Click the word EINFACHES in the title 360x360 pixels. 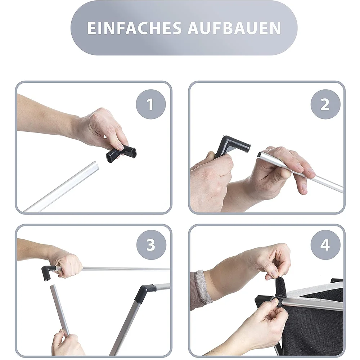click(x=134, y=28)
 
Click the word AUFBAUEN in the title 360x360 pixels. click(x=234, y=28)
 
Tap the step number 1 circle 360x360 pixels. click(x=150, y=104)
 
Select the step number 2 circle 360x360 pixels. click(x=325, y=104)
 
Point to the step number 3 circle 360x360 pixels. click(x=151, y=245)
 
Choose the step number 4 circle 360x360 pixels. click(x=325, y=245)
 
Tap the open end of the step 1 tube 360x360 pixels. click(x=97, y=165)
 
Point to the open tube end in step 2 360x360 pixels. click(x=260, y=154)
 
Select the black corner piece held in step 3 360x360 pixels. click(x=48, y=272)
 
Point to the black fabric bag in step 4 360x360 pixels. click(x=315, y=324)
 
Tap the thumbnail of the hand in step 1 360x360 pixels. click(x=120, y=147)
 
